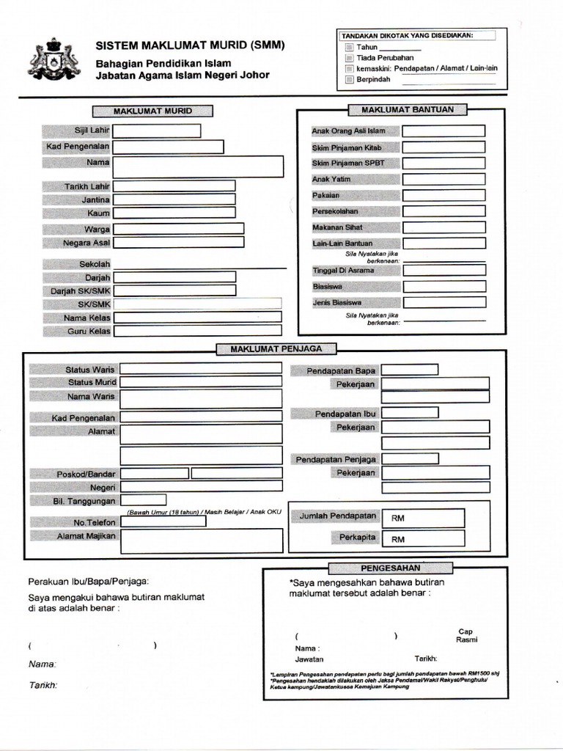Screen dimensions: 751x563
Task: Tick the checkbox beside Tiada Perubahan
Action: coord(350,57)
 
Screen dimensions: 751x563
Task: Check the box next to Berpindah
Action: coord(350,79)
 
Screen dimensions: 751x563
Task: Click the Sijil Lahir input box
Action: coord(156,131)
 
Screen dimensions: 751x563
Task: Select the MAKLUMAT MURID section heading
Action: coord(152,111)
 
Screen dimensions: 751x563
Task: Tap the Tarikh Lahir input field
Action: coord(174,186)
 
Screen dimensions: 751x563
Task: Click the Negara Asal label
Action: coord(76,243)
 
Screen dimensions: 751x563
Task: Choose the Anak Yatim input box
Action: coord(443,179)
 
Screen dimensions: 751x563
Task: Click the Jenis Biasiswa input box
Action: coord(444,302)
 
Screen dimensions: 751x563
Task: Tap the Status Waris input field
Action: coord(201,368)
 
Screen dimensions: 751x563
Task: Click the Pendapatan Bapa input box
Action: coord(409,370)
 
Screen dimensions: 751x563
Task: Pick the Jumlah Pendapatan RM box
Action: coord(423,518)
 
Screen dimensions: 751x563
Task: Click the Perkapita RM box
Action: coord(423,539)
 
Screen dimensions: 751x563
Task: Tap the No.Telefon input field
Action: coord(163,521)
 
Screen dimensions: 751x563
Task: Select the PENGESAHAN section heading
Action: coord(390,568)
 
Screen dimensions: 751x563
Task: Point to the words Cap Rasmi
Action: coord(466,635)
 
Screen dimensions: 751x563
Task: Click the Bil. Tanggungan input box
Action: coord(144,500)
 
